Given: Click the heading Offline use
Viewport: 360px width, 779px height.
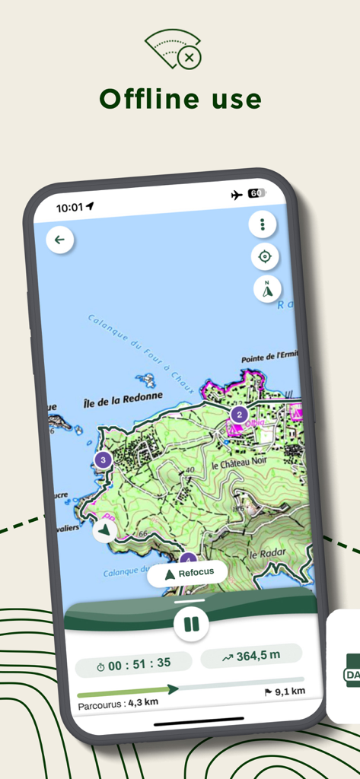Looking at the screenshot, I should [180, 99].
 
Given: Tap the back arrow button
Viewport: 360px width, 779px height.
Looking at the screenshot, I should [59, 240].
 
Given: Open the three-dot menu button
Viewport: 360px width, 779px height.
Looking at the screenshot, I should [263, 224].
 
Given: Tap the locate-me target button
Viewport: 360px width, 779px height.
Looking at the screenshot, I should [265, 256].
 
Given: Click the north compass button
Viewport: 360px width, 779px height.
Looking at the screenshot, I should [267, 289].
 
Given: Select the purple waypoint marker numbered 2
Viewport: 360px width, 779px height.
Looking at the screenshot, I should [239, 415].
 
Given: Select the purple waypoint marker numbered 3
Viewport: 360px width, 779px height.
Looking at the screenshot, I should [104, 459].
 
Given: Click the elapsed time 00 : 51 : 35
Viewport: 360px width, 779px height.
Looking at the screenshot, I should [133, 664].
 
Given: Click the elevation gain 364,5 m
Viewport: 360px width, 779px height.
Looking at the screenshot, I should [251, 656].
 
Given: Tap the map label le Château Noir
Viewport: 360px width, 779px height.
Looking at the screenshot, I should [239, 464].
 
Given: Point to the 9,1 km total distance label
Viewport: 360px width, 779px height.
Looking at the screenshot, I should [285, 692].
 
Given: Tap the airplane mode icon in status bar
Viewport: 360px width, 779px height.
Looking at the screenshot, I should [237, 195].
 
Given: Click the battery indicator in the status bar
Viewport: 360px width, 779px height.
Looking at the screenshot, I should [256, 194].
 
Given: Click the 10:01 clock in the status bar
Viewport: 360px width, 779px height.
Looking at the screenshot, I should [70, 207].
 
